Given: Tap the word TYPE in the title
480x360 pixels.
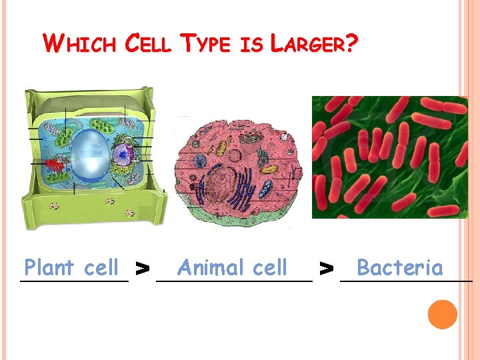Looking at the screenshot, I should pos(207,45).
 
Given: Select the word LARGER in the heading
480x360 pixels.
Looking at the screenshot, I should pos(309,45).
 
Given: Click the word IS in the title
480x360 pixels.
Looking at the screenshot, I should pos(252,45).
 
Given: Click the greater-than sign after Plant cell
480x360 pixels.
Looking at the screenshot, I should pos(141,269).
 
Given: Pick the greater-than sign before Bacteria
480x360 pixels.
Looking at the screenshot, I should pos(326,269).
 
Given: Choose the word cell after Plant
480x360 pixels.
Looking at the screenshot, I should pos(101,268).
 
